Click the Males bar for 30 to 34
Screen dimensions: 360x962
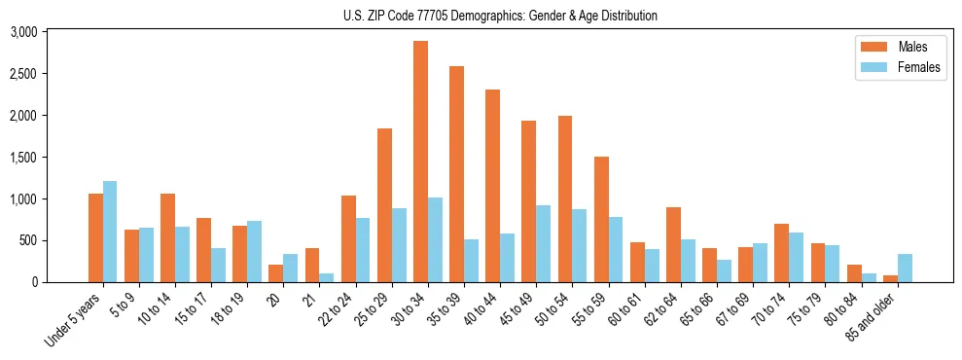[420, 162]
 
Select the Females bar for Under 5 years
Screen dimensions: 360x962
[110, 232]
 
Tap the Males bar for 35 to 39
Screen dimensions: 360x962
[456, 174]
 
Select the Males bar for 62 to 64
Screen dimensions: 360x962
[673, 244]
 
